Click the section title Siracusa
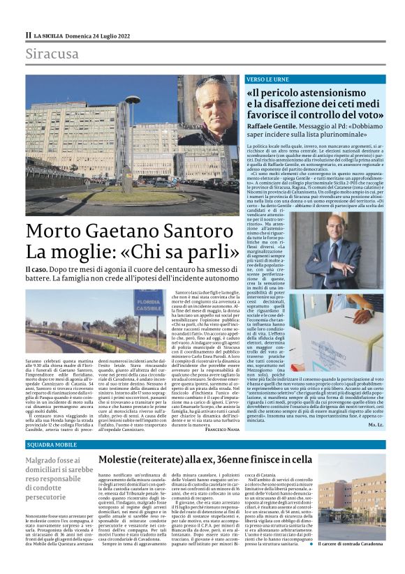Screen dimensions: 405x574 pos(52,54)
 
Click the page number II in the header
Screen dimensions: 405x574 pos(28,34)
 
